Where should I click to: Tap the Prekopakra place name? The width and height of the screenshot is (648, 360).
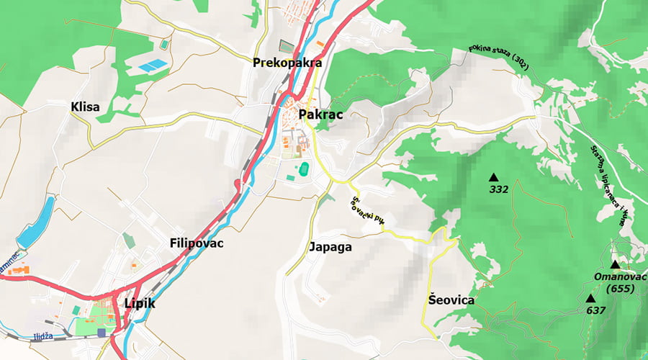[x=287, y=63]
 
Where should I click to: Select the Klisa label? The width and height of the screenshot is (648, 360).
[x=85, y=107]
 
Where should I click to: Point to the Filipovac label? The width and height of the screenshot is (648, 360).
[x=197, y=243]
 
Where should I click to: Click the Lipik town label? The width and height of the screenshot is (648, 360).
[x=140, y=304]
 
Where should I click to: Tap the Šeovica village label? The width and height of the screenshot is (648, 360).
[x=451, y=300]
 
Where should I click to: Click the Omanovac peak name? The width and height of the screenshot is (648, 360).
[x=621, y=277]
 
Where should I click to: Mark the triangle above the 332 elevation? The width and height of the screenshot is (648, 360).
[x=494, y=177]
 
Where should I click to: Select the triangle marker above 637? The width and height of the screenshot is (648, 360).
[x=590, y=298]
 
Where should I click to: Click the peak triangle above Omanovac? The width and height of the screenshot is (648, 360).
[x=616, y=264]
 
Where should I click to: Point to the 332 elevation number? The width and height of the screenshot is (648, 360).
[x=498, y=190]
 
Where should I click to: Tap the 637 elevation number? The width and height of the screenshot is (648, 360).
[x=595, y=310]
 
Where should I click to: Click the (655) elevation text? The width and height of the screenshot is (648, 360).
[x=620, y=289]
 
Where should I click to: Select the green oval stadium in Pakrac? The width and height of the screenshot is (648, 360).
[x=305, y=170]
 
